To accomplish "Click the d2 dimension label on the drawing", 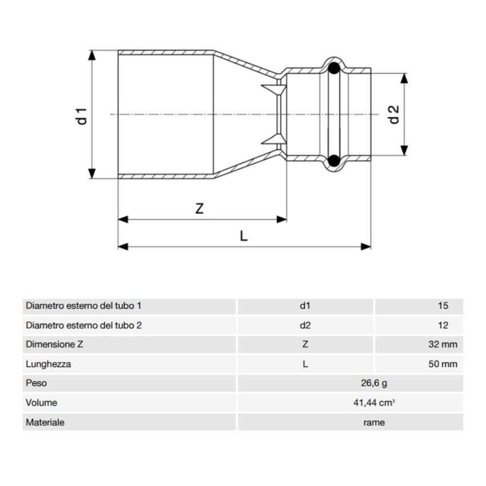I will (393, 114).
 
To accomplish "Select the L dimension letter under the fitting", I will (244, 236).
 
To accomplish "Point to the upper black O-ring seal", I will (334, 69).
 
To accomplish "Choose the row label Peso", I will (36, 383).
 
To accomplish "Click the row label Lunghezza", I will (49, 364).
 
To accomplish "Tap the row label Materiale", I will (45, 423).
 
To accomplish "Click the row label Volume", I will (41, 403).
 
